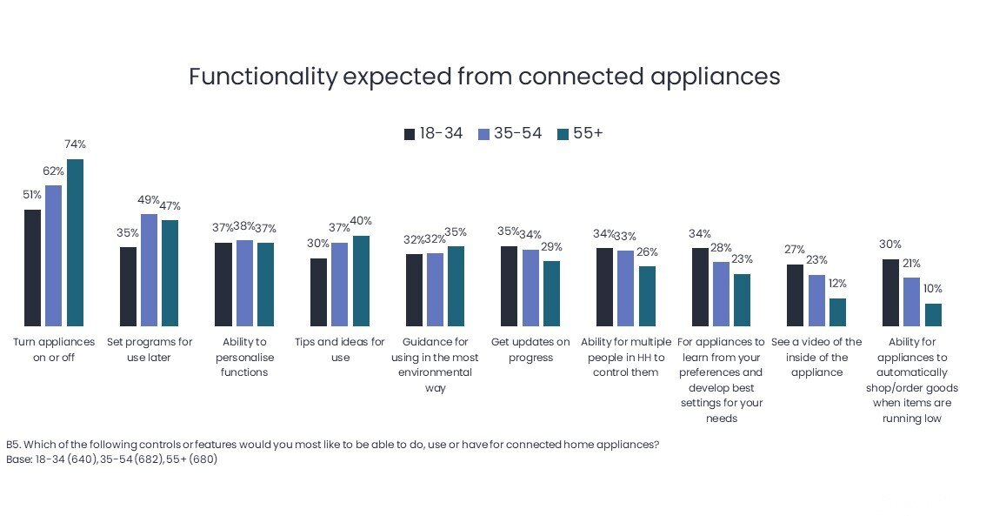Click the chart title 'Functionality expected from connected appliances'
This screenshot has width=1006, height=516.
[484, 77]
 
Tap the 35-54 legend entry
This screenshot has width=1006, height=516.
[510, 133]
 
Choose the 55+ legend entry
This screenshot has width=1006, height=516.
[580, 133]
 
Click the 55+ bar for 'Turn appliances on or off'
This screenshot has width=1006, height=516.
[75, 242]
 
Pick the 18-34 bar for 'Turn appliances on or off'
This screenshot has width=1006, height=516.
[32, 266]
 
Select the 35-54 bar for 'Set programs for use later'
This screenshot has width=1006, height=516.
[149, 269]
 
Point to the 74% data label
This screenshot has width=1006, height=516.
[75, 144]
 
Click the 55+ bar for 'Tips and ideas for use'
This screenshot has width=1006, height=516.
[361, 279]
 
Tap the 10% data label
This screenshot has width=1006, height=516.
[933, 289]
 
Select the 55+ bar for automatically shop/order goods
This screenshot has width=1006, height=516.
[933, 313]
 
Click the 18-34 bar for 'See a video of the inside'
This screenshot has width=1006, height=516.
[795, 294]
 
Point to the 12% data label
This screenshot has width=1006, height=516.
[836, 284]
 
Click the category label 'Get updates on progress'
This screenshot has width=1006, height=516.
[530, 350]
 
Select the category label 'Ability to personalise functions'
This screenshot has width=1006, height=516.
[244, 357]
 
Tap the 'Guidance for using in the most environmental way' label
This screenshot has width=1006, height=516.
[436, 365]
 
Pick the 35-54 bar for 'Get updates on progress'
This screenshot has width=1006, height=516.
[530, 286]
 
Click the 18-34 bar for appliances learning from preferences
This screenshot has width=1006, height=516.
[700, 285]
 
